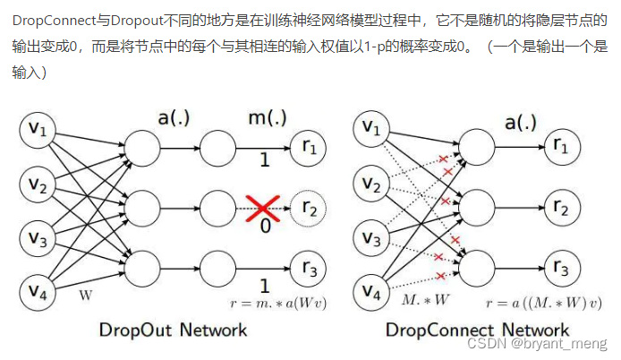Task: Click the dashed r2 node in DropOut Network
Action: click(x=309, y=210)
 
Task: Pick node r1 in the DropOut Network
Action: click(x=309, y=147)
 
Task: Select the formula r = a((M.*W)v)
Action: click(x=542, y=304)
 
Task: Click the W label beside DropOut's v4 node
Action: click(x=86, y=294)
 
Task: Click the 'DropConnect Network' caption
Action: click(x=477, y=330)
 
